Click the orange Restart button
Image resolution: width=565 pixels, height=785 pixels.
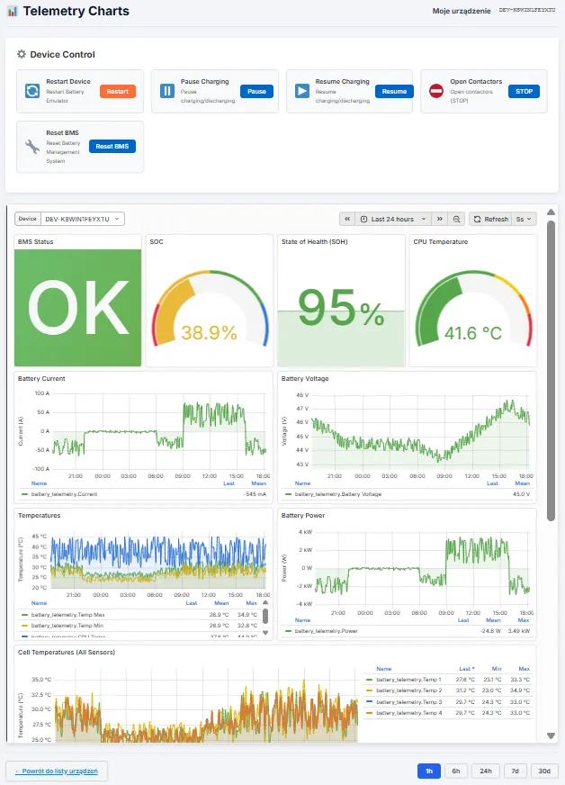click(x=118, y=91)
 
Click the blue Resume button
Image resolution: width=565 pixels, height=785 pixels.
click(x=394, y=91)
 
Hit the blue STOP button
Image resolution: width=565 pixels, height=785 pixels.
click(x=524, y=91)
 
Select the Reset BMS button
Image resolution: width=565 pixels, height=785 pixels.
click(x=112, y=146)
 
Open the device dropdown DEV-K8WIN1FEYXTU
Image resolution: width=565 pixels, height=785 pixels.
click(x=81, y=219)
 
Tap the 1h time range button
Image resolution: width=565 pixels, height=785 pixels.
click(x=429, y=771)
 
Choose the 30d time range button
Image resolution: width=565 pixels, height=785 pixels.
click(x=544, y=771)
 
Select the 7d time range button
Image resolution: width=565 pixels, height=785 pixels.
click(x=515, y=771)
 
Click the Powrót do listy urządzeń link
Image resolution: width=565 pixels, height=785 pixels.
click(x=58, y=771)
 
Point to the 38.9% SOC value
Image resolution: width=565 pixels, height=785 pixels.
click(x=210, y=332)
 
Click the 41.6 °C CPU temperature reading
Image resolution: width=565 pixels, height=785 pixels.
click(x=473, y=332)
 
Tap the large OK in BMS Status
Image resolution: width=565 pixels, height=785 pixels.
click(x=77, y=308)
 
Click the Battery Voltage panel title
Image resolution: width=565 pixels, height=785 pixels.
click(x=305, y=379)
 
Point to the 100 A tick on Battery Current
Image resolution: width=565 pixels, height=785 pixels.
click(x=41, y=393)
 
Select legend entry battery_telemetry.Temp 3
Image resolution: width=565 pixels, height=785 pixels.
click(x=408, y=701)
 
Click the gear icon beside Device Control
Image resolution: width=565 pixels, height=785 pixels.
click(x=22, y=54)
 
